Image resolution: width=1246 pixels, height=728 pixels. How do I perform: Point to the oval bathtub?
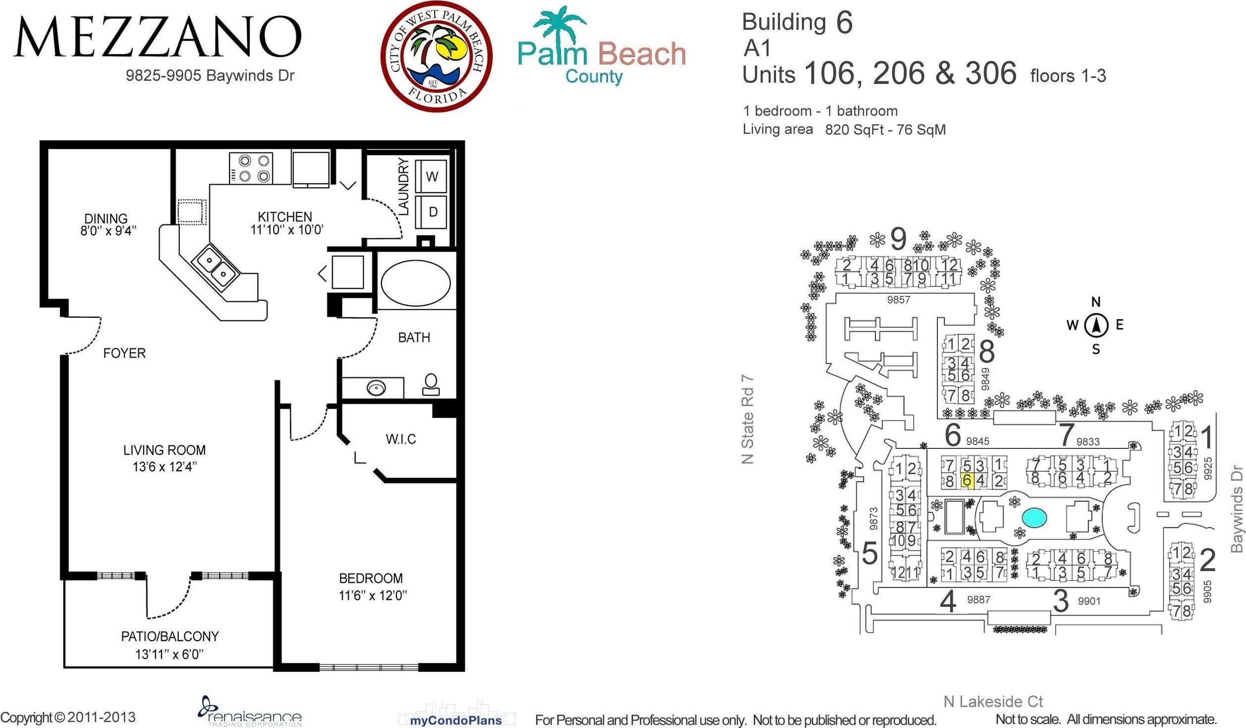(415, 283)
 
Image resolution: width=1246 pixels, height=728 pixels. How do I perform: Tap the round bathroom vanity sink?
(376, 387)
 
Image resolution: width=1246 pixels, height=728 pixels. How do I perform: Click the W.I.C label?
(400, 439)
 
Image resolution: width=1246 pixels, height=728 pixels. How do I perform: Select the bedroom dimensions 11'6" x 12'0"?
(373, 595)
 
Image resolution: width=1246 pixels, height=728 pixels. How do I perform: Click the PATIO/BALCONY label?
(170, 636)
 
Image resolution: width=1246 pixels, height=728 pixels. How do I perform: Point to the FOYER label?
(124, 353)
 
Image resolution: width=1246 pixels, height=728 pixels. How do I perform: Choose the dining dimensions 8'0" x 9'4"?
(108, 230)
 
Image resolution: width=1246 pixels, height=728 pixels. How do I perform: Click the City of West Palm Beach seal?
(436, 56)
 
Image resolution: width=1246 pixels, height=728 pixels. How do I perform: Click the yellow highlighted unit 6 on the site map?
(967, 481)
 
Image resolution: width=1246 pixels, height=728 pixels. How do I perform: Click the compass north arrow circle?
(1096, 326)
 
